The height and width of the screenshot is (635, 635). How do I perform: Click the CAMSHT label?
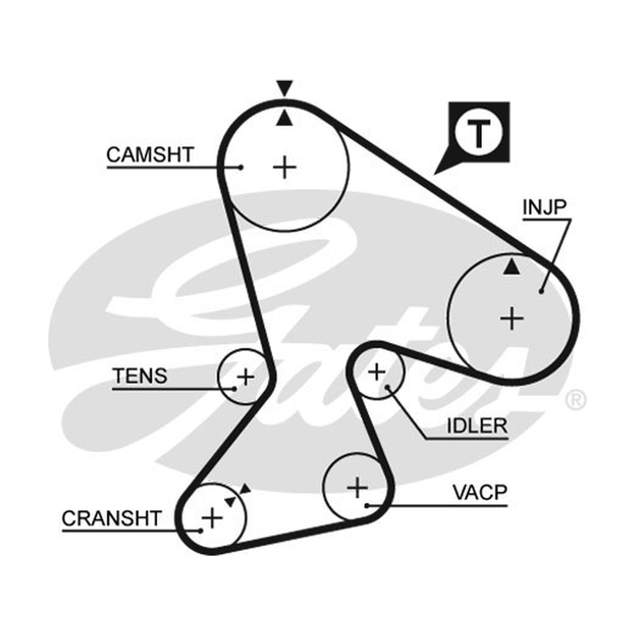click(150, 155)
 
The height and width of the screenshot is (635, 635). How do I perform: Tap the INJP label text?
click(545, 207)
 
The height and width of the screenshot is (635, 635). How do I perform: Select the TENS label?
click(140, 375)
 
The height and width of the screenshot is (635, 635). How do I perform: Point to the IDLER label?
click(477, 425)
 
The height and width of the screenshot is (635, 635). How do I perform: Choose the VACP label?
click(480, 492)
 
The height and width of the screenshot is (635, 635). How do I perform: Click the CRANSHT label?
click(112, 518)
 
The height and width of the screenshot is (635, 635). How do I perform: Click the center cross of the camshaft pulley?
click(285, 167)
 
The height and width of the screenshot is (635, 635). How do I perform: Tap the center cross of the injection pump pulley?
click(512, 318)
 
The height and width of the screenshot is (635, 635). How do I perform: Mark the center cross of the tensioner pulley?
click(245, 378)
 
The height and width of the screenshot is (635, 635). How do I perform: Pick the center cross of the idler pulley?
click(376, 371)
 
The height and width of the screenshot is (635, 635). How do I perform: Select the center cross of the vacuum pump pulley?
click(357, 487)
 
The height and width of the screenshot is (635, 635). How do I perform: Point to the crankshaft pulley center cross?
click(212, 518)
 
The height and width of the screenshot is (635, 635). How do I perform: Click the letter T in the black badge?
click(479, 133)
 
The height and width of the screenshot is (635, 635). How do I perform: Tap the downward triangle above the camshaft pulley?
click(285, 88)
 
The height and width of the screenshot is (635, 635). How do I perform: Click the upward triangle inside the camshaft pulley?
click(285, 117)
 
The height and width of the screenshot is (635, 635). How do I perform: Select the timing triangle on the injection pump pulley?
click(511, 267)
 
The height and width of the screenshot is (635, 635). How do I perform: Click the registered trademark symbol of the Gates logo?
click(575, 400)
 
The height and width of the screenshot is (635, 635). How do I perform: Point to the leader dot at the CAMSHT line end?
click(241, 167)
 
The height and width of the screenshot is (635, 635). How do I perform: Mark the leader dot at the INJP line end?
click(541, 291)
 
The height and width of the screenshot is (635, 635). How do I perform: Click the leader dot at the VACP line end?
click(367, 506)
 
